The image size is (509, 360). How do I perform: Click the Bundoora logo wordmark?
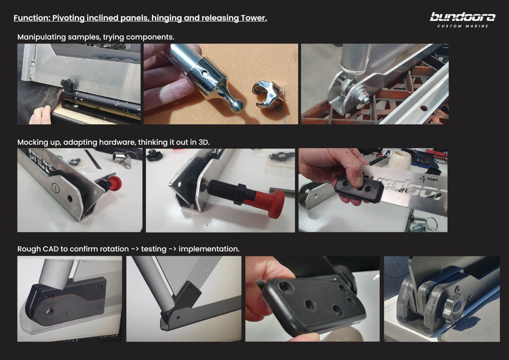click(463, 17)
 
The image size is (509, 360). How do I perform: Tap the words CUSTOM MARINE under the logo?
click(463, 26)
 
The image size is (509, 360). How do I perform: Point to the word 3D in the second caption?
click(204, 142)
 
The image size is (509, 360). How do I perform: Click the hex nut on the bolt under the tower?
click(362, 97)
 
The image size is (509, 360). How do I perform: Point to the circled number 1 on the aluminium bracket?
click(54, 187)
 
